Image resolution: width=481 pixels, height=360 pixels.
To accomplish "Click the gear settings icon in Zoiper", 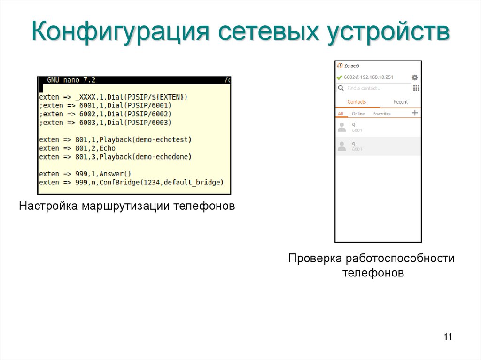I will click(414, 77).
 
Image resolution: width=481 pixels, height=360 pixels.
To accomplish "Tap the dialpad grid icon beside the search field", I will click(416, 88).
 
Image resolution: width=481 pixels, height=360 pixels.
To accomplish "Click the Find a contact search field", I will click(374, 88).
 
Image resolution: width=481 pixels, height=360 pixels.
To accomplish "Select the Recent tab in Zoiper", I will click(400, 102).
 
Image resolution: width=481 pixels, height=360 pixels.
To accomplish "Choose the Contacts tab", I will click(357, 102).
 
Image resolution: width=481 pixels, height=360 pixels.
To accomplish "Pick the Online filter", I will click(358, 114).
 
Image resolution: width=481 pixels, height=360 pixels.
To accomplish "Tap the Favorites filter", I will click(381, 114).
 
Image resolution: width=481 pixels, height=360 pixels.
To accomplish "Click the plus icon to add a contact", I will click(415, 113).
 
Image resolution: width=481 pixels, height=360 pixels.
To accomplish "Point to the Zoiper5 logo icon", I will click(340, 66).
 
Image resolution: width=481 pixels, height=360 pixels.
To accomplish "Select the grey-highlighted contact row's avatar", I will click(341, 146).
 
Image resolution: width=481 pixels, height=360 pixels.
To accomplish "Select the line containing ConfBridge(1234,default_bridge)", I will click(132, 182).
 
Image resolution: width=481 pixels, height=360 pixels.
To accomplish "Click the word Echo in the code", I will click(107, 148).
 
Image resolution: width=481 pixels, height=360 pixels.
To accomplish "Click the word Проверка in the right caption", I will click(315, 258).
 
